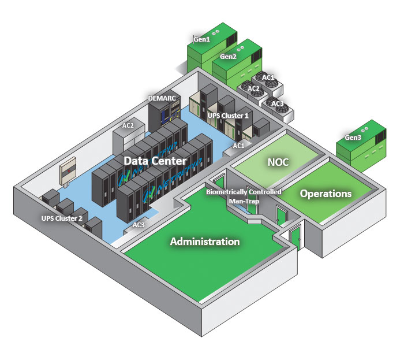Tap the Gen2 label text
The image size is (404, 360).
point(228,57)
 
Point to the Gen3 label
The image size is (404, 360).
point(353,138)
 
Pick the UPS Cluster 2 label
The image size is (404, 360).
point(61,219)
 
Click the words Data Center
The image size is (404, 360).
point(156,161)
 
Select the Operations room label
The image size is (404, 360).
point(326,194)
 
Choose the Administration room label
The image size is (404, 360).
point(205,242)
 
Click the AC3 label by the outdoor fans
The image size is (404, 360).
point(278,103)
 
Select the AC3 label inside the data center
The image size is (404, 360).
point(139,224)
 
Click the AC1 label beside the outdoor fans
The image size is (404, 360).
point(268,77)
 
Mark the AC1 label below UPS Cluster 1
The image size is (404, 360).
point(239,146)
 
